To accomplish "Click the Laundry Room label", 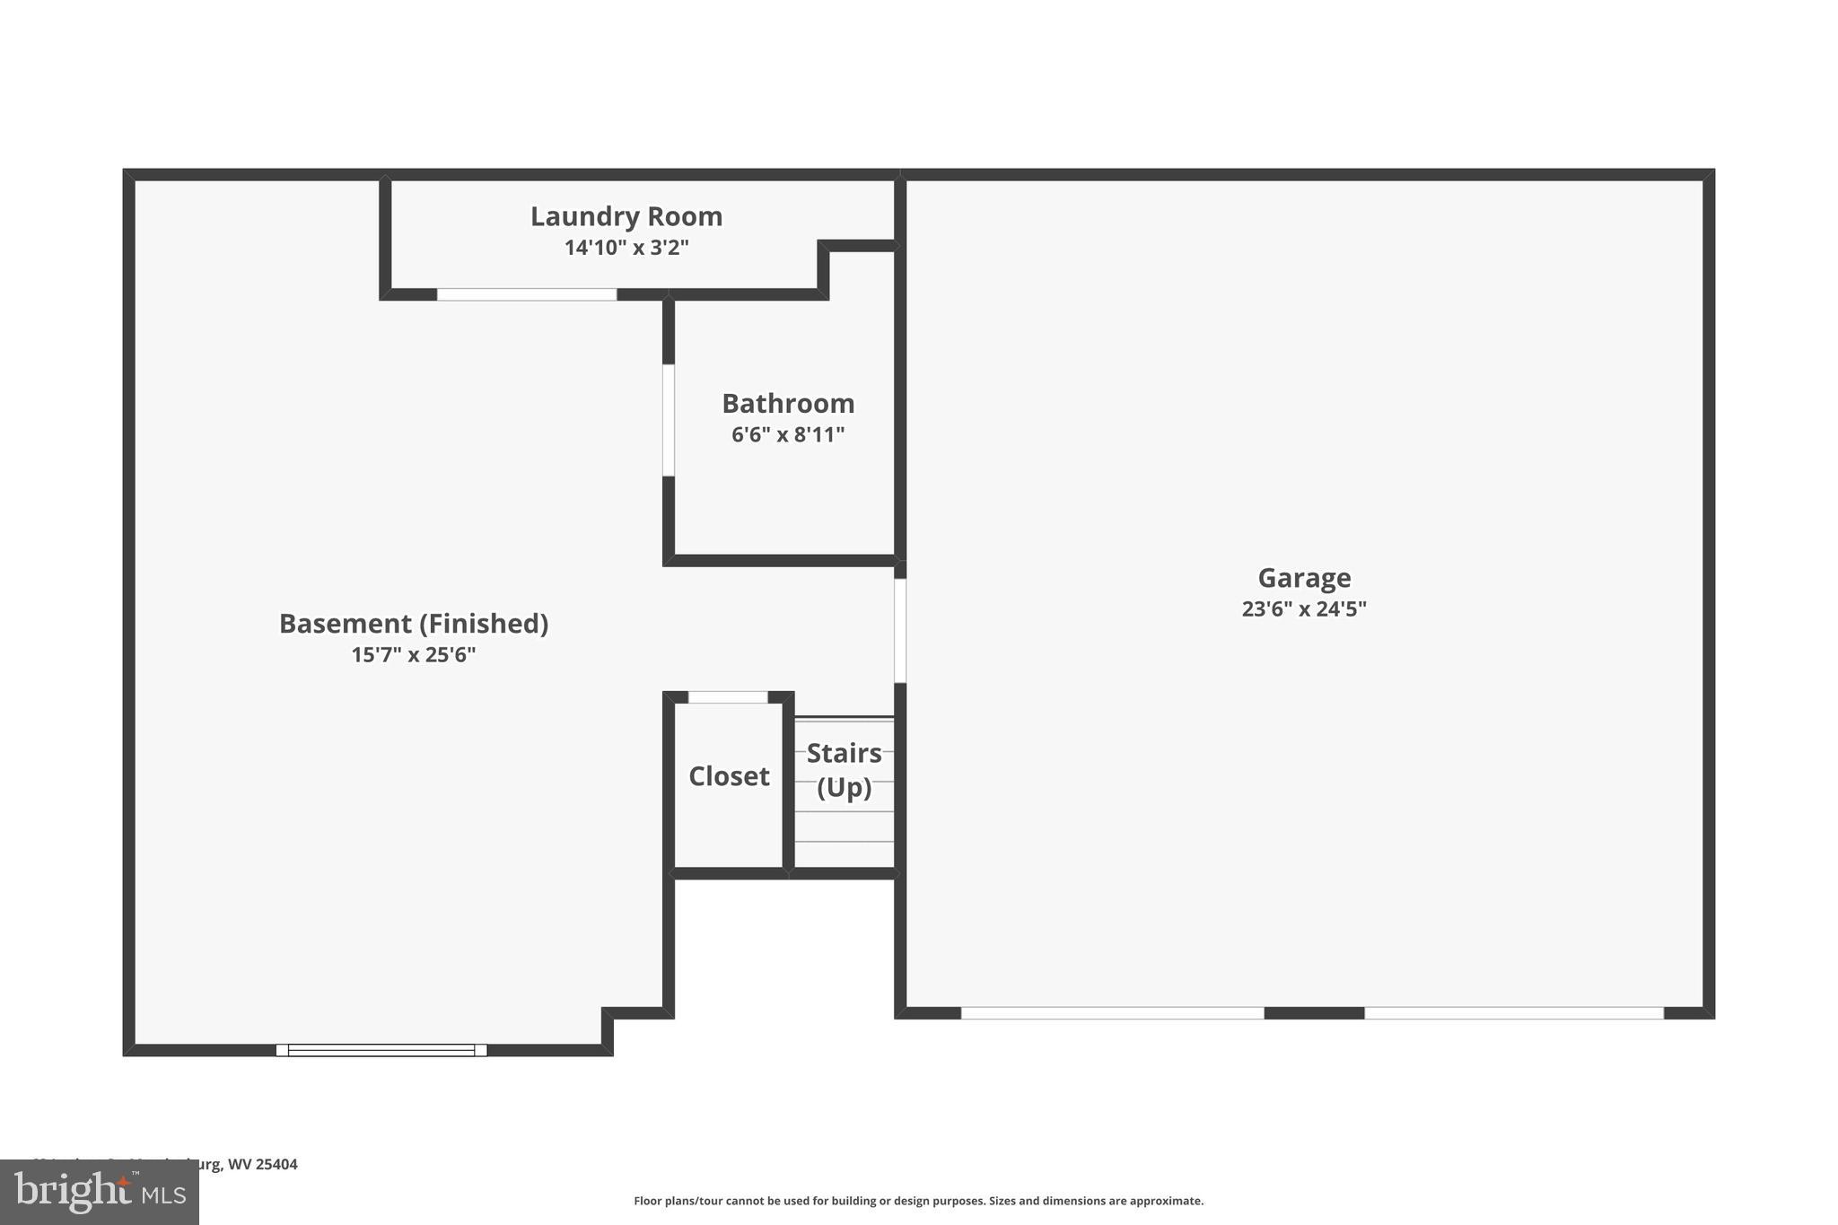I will [x=626, y=216].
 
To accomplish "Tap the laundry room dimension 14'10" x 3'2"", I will [x=626, y=248].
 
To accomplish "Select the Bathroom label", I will [x=788, y=404].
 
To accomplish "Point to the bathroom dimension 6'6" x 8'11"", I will [x=788, y=435].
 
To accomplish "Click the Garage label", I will [x=1303, y=578].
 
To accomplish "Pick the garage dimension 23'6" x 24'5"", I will [x=1303, y=609].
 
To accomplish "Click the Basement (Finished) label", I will [x=413, y=624].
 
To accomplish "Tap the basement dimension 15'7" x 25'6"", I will [x=413, y=655].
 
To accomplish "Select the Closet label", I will [x=729, y=776].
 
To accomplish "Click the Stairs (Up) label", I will [x=844, y=770].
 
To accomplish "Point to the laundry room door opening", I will [x=527, y=294].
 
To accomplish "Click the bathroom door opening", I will [x=669, y=420].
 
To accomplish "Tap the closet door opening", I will [x=728, y=697].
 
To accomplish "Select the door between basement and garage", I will [x=900, y=630].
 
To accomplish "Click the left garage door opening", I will [x=1112, y=1013].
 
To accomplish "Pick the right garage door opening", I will [x=1513, y=1013].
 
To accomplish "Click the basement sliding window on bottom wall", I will [x=381, y=1050].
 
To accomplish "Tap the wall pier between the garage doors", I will [x=1314, y=1013].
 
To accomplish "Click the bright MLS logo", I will [x=100, y=1192].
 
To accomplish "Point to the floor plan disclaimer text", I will [x=918, y=1201].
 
